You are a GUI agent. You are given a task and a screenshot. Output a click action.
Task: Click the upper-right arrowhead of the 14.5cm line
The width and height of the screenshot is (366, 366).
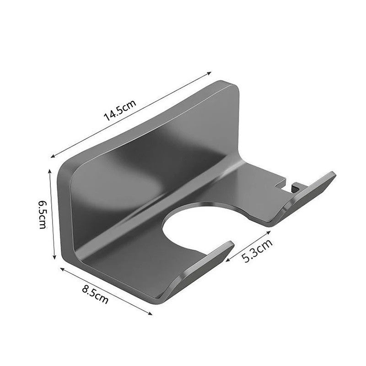pos(210,72)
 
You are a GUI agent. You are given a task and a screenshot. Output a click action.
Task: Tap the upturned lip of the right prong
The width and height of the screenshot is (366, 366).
pos(316,188)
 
